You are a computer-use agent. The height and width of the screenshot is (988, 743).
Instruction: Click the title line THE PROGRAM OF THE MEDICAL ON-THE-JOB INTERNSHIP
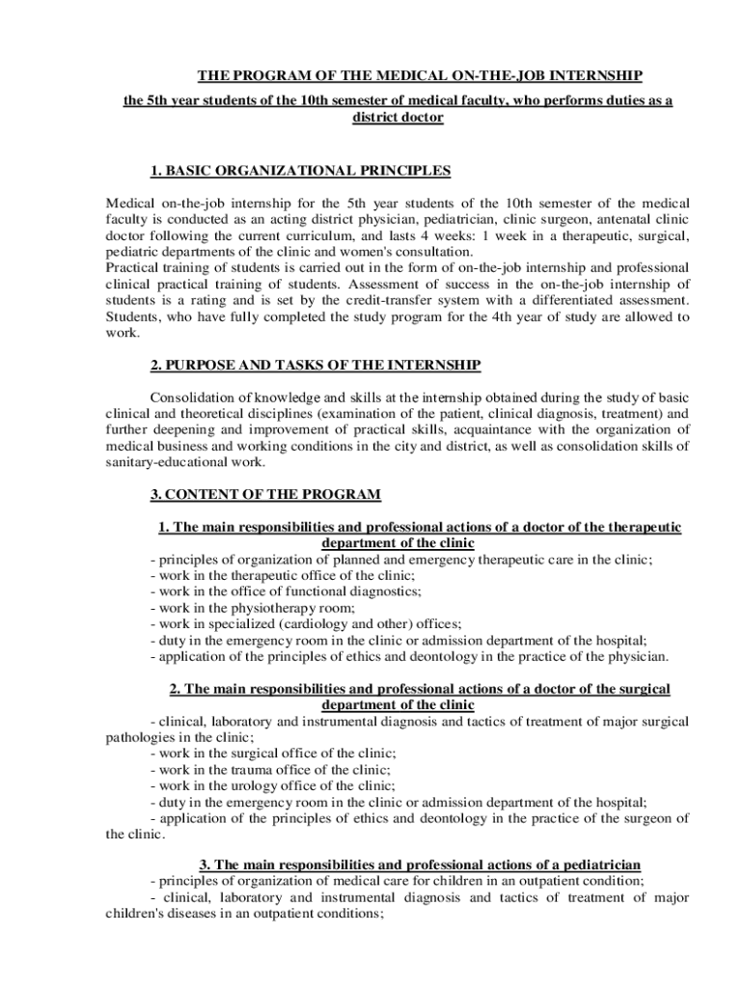tap(420, 75)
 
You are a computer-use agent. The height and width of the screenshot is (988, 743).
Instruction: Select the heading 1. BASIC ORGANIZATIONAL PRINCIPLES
tap(300, 171)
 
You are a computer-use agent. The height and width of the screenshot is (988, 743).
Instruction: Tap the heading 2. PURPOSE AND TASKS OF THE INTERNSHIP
tap(316, 365)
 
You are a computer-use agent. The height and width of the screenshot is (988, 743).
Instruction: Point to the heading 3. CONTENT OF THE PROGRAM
tap(265, 494)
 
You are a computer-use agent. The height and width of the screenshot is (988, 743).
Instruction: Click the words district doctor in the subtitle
tap(398, 117)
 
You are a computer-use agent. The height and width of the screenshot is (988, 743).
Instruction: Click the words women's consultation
tap(374, 251)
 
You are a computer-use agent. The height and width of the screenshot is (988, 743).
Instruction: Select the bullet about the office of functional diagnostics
tap(286, 591)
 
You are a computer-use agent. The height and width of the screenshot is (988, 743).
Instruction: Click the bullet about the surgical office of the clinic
tap(273, 753)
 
